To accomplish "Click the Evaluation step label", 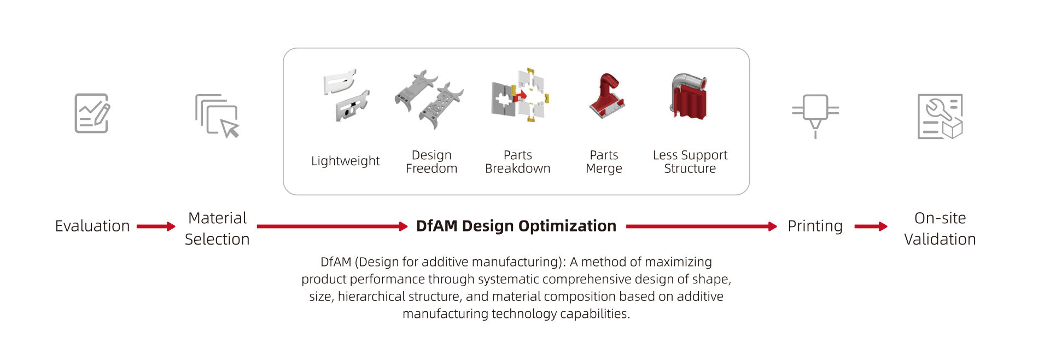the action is [x=92, y=226].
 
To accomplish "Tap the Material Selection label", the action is [x=217, y=228].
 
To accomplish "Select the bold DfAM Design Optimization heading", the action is [x=516, y=226].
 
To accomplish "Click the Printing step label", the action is [x=815, y=227].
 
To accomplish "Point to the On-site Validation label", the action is [x=940, y=228].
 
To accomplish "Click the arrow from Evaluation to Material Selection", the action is [x=156, y=226].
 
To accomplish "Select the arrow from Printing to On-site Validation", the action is [x=871, y=226].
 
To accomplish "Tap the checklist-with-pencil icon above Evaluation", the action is [x=92, y=113].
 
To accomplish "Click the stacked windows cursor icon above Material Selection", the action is [x=217, y=115].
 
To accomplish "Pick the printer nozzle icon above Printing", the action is [x=815, y=116].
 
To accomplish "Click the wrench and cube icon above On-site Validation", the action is [x=940, y=117].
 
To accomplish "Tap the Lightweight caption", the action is [x=345, y=161].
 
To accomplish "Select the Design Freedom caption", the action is [x=431, y=162].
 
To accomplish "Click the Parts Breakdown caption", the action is [x=517, y=162].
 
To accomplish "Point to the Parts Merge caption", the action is [x=604, y=162].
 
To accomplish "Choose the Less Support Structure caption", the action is [x=690, y=162].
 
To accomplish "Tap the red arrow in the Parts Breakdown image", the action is [x=520, y=96].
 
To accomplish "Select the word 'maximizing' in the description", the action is [x=680, y=262].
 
